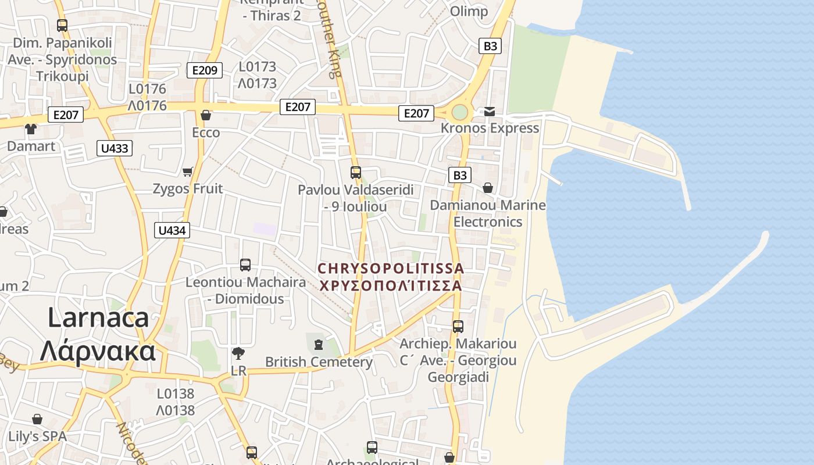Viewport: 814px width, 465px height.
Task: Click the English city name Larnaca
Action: coord(98,318)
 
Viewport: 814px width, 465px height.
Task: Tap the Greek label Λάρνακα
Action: coord(98,350)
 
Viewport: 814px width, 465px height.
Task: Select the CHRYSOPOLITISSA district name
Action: coord(391,269)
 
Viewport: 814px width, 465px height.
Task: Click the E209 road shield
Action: coord(205,70)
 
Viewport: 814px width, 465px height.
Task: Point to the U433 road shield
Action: coord(115,148)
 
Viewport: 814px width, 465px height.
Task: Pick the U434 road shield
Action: coord(172,230)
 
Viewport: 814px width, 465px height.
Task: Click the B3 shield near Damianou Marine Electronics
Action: coord(459,175)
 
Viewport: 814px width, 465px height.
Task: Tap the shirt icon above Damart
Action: coord(30,129)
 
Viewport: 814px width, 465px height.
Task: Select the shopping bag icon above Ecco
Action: coord(205,115)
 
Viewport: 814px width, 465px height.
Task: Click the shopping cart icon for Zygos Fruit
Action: coord(187,171)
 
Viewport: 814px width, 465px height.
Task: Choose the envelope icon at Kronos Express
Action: coord(490,112)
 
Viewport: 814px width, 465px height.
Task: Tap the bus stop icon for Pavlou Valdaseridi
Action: coord(355,173)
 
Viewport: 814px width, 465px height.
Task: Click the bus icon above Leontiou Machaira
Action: coord(245,265)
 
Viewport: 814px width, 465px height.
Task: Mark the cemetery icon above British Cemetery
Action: coord(318,345)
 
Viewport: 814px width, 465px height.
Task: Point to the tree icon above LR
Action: coord(238,353)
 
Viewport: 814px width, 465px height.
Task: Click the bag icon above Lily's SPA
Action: coord(37,419)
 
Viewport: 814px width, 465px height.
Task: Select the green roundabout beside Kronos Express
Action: coord(460,112)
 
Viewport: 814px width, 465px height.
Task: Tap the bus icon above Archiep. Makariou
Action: coord(458,327)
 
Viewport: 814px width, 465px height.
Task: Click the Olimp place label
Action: coord(469,11)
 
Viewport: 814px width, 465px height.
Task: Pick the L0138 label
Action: coord(175,394)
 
